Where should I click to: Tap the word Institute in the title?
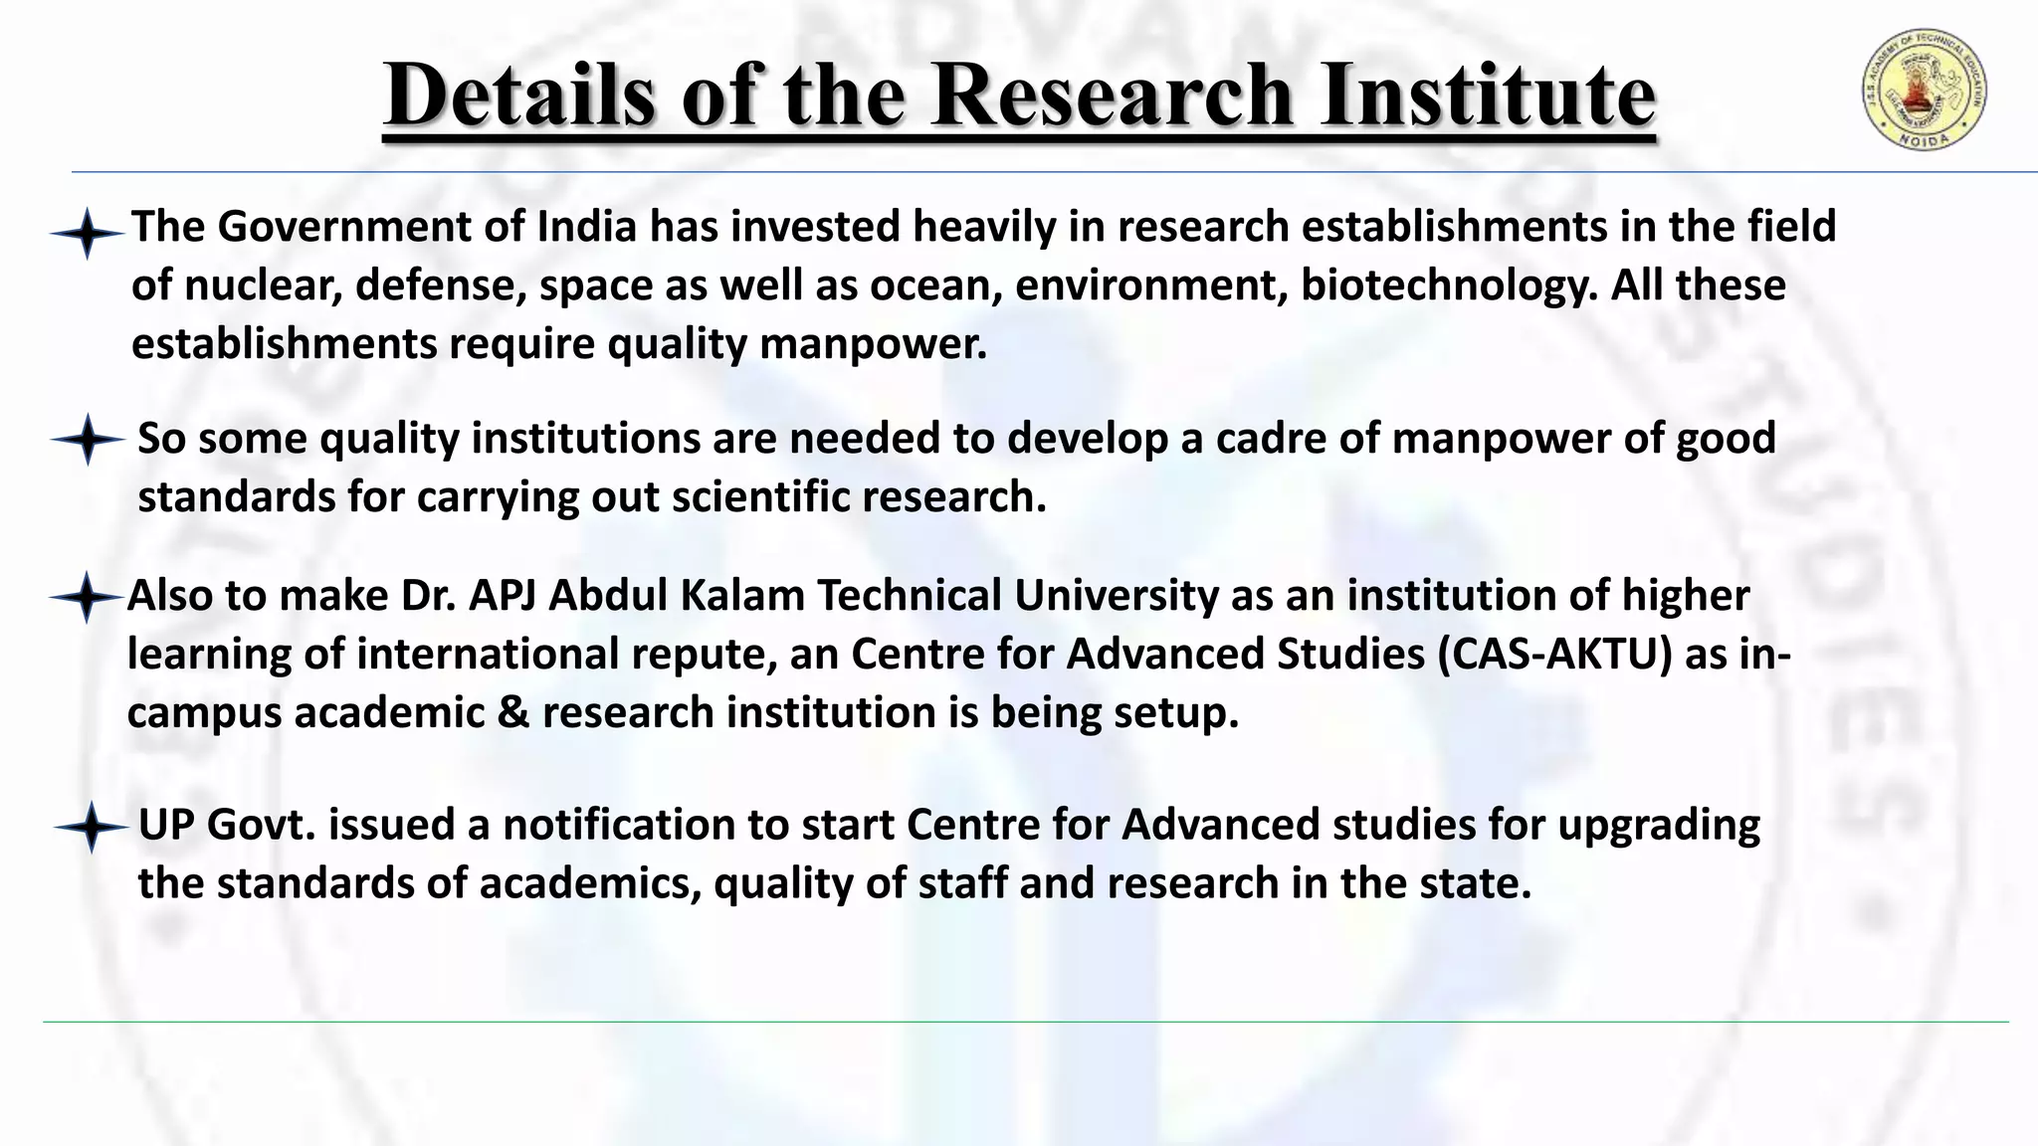coord(1488,95)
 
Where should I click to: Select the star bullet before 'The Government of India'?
coord(88,234)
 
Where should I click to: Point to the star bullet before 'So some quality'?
coord(88,440)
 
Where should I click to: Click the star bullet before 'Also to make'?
coord(88,598)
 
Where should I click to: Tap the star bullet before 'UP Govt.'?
coord(91,827)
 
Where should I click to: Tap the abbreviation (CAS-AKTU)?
coord(1554,654)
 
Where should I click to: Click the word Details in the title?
coord(519,95)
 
